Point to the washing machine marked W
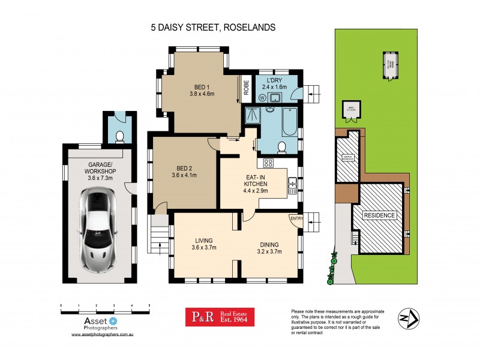click(x=263, y=98)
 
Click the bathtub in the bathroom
click(x=290, y=119)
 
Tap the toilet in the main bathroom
click(x=281, y=147)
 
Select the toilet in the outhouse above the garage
click(x=119, y=136)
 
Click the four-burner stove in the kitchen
click(x=268, y=162)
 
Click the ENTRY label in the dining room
click(x=296, y=218)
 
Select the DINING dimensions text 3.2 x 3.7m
click(x=272, y=252)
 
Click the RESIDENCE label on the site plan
click(x=379, y=215)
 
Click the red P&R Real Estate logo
click(x=219, y=317)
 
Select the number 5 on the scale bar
click(x=149, y=305)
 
